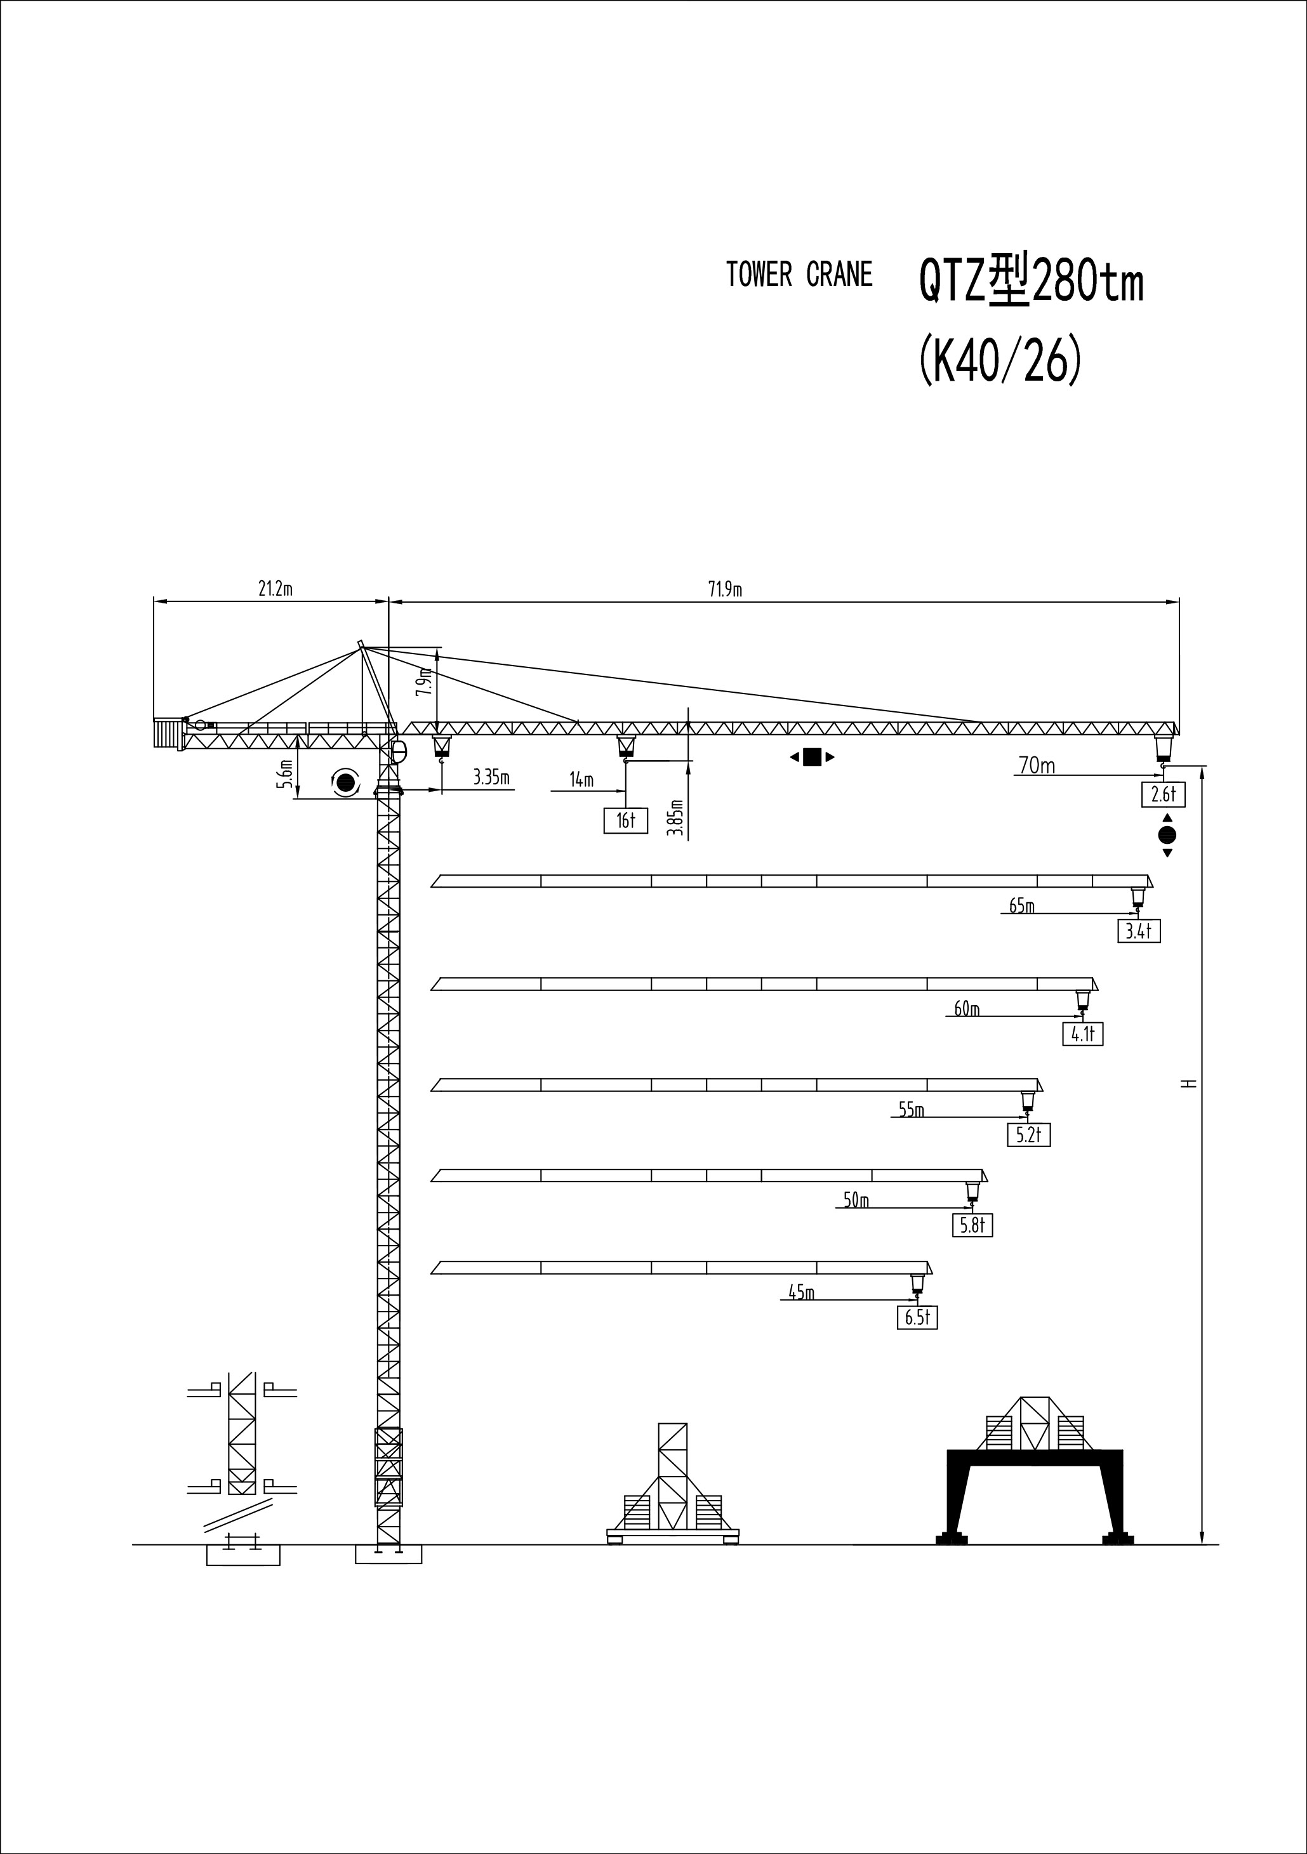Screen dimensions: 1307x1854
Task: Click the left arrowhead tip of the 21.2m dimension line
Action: (x=154, y=602)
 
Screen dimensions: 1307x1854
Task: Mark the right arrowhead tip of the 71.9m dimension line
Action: (x=1179, y=602)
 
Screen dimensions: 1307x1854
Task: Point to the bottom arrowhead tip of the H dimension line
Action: (x=1203, y=1544)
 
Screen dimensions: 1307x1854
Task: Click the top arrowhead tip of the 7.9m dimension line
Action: (x=437, y=648)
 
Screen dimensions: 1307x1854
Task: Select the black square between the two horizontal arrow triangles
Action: (x=812, y=756)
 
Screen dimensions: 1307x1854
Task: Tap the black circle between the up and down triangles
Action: (x=1167, y=835)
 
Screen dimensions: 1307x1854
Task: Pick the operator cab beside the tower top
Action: (x=398, y=752)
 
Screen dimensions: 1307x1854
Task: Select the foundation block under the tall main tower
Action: (x=388, y=1555)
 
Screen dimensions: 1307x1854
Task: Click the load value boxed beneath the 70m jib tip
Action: (x=1163, y=794)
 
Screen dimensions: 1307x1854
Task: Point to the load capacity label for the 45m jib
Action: (x=917, y=1318)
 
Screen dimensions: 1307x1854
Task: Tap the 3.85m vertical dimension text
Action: (x=677, y=817)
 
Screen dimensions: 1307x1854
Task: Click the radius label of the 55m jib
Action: (x=911, y=1110)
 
